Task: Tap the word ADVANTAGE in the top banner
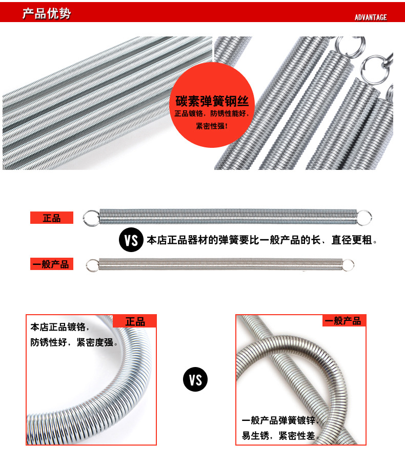[371, 17]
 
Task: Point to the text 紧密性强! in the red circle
[212, 126]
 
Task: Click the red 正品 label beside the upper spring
[51, 218]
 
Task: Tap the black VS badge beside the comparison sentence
[131, 240]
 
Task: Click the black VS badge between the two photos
[195, 380]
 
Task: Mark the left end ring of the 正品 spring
[90, 218]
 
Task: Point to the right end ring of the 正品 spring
[364, 217]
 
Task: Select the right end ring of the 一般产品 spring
[349, 265]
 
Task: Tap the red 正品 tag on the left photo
[135, 322]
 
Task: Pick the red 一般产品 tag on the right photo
[344, 321]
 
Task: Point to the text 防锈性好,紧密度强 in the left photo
[74, 342]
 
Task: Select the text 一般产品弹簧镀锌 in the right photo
[279, 420]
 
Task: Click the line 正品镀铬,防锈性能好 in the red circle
[212, 114]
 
